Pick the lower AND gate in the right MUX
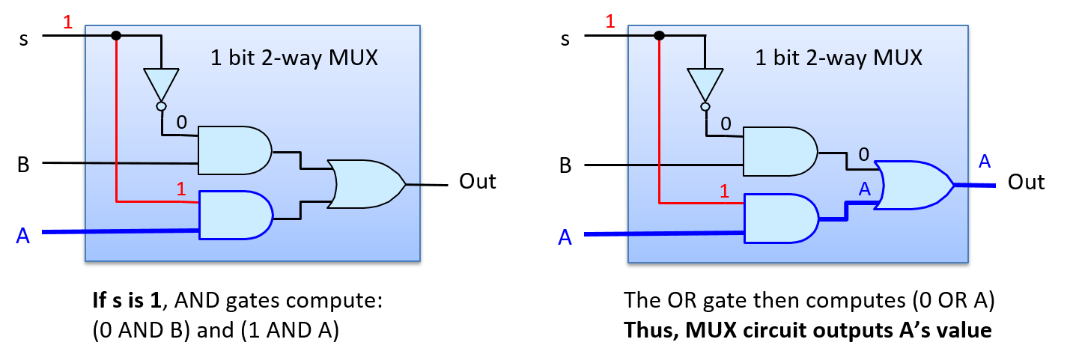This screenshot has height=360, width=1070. (779, 218)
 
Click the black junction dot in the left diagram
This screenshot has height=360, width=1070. (116, 35)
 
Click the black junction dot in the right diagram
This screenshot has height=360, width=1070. (659, 35)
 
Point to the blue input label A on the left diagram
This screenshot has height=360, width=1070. (23, 237)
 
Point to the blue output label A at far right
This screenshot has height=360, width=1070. (985, 162)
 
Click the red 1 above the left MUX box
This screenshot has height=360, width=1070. (68, 22)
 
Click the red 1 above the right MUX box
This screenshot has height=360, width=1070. (610, 21)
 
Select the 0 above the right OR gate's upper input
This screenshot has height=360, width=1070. (863, 155)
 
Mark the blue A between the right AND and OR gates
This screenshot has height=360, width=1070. (865, 189)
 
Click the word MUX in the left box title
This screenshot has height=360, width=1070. (353, 58)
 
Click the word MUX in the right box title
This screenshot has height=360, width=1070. (897, 58)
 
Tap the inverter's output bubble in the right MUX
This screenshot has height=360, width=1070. (705, 107)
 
